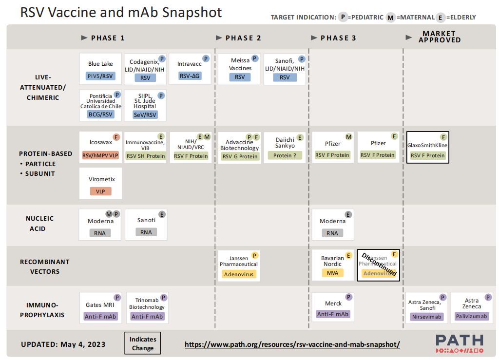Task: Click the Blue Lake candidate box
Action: pos(100,69)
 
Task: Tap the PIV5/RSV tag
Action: pos(100,76)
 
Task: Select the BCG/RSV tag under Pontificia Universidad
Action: pos(100,114)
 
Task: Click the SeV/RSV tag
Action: pos(145,114)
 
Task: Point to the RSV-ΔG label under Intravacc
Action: pos(190,76)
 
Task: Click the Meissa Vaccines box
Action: pos(240,69)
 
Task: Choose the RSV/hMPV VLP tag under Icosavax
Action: pos(100,155)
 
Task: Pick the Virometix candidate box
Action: pos(100,184)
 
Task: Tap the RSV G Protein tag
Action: pos(240,156)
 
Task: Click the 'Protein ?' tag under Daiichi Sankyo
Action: pos(285,155)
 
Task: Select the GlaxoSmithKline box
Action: pos(427,147)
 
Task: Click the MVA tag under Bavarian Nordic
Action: pos(332,273)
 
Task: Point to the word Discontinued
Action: pos(379,264)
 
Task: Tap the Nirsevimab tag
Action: pos(427,317)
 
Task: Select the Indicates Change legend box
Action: pos(142,343)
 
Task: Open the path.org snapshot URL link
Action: pos(292,344)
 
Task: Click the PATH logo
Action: pos(459,343)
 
